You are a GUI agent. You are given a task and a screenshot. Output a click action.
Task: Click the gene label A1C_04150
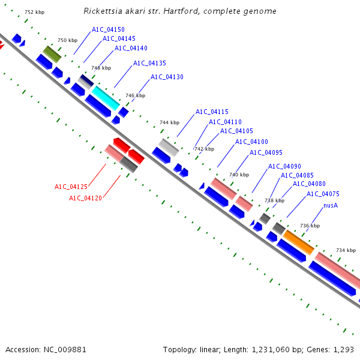(x=108, y=29)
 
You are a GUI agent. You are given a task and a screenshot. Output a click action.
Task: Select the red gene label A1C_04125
(x=71, y=187)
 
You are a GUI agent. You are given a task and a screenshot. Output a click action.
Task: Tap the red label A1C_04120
(x=85, y=198)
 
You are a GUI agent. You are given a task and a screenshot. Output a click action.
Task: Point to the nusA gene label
(x=331, y=205)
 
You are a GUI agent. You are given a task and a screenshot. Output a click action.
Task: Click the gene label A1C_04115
(x=212, y=112)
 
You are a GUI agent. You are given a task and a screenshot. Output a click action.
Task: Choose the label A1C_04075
(x=323, y=194)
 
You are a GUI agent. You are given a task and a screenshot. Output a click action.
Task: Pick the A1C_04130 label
(x=167, y=77)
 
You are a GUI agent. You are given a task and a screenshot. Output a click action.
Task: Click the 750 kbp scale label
(x=67, y=40)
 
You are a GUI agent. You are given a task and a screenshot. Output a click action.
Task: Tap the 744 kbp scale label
(x=169, y=122)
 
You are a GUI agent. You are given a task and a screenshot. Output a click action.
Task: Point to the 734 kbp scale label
(x=346, y=250)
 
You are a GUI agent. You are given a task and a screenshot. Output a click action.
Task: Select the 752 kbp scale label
(x=34, y=12)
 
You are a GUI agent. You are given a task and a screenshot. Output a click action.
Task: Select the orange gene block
(x=298, y=241)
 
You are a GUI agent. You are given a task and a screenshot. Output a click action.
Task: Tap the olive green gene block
(x=52, y=54)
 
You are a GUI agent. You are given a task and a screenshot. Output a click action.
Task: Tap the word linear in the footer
(x=206, y=349)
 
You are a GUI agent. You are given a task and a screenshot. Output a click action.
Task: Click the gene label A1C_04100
(x=251, y=142)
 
